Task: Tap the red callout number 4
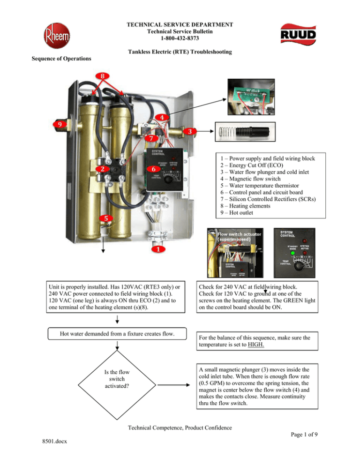[160, 117]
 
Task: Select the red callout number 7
[151, 139]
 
